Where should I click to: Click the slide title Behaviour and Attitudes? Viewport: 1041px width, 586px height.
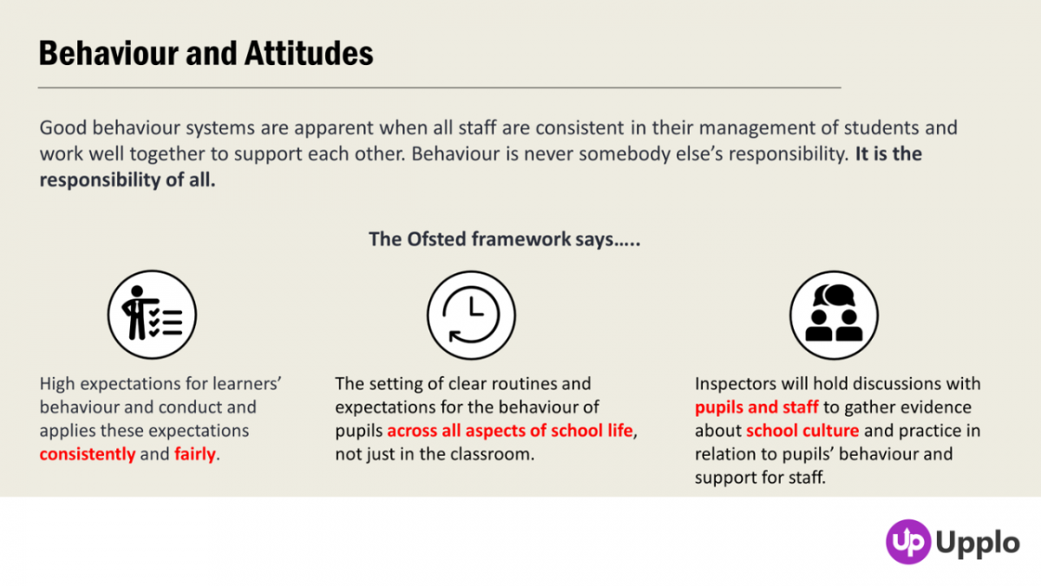click(x=206, y=54)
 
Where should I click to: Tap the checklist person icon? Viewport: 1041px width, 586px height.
click(x=152, y=314)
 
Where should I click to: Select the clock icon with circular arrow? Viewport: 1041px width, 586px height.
click(x=471, y=314)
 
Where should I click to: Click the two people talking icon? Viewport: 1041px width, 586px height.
click(x=834, y=314)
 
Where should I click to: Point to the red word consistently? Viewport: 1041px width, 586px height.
click(x=88, y=454)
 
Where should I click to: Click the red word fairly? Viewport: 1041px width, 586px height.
click(x=194, y=454)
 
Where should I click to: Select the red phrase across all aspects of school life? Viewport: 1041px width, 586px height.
click(x=510, y=431)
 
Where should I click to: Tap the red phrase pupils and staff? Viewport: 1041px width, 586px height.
click(x=756, y=407)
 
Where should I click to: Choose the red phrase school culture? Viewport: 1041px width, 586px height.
click(x=802, y=431)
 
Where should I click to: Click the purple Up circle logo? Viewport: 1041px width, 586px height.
click(x=907, y=542)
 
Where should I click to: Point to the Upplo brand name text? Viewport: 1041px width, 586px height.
click(x=978, y=543)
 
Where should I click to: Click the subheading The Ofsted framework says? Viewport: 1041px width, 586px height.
click(x=504, y=239)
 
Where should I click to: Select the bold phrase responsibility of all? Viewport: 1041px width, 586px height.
click(x=128, y=181)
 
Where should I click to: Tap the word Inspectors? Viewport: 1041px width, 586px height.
click(x=735, y=384)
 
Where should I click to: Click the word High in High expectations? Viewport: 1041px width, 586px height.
click(x=57, y=384)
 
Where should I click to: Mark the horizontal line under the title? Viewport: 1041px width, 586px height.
click(x=440, y=88)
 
